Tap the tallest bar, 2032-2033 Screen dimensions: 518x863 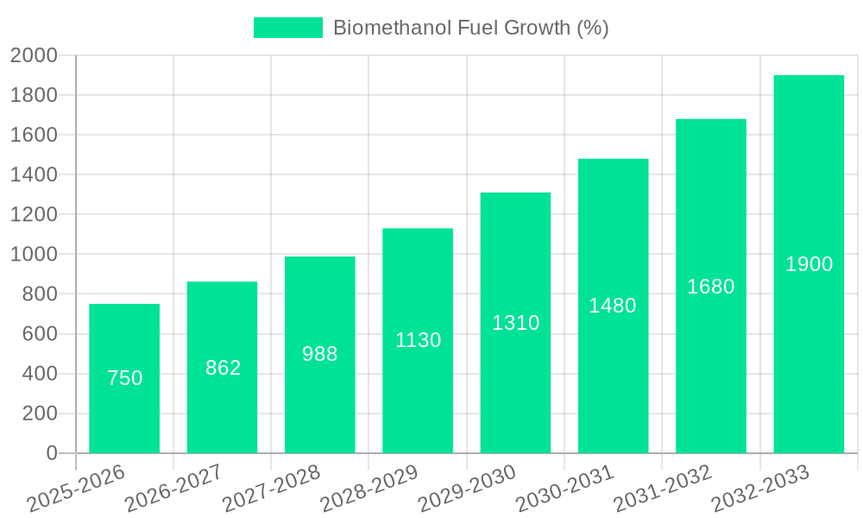[x=809, y=345]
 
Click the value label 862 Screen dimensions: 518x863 [x=223, y=368]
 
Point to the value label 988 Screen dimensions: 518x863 [x=320, y=354]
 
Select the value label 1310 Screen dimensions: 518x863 [x=515, y=323]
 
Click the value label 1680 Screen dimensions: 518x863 [x=710, y=287]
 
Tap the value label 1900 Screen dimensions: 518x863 [x=809, y=264]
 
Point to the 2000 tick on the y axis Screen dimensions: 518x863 [x=34, y=56]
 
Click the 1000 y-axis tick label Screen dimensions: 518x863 [x=34, y=255]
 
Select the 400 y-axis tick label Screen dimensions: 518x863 [x=39, y=374]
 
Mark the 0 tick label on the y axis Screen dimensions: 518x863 [x=51, y=453]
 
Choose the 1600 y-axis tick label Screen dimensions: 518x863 [x=34, y=136]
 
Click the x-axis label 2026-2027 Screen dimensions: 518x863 [x=173, y=488]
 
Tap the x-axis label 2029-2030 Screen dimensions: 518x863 [x=467, y=488]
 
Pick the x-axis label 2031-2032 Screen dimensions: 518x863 [x=662, y=488]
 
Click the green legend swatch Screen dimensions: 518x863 [x=287, y=28]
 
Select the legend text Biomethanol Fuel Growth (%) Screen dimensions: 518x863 [x=470, y=28]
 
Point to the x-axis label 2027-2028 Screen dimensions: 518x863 [x=271, y=488]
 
